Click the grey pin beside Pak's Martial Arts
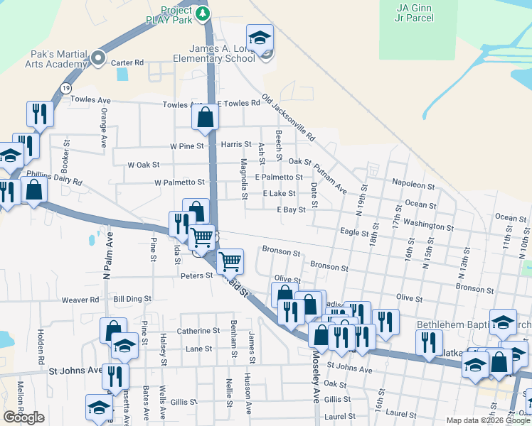[98, 58]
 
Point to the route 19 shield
[65, 87]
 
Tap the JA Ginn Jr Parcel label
[415, 12]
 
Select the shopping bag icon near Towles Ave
[206, 118]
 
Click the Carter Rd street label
[128, 62]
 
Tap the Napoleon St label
[413, 185]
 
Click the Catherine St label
[198, 331]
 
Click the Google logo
[23, 417]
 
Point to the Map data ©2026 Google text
[487, 420]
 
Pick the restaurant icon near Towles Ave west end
[38, 114]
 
